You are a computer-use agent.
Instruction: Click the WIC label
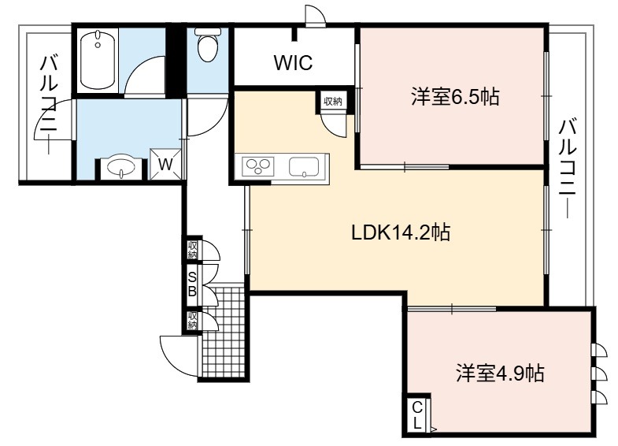coord(293,62)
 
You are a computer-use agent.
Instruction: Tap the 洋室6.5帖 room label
coord(455,97)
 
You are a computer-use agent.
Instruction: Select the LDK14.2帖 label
coord(401,232)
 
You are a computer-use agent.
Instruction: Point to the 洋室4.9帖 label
coord(501,373)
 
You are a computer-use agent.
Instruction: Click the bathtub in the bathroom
coord(98,61)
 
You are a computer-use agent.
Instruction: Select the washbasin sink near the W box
coord(121,169)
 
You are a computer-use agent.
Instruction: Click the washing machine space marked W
coord(165,164)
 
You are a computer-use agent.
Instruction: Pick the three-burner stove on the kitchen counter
coord(257,166)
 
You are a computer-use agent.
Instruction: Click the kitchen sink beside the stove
coord(303,166)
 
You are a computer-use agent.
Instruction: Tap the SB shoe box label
coord(192,284)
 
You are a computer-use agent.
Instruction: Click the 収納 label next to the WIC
coord(332,102)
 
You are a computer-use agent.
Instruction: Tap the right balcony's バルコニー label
coord(568,169)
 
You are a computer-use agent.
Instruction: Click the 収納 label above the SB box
coord(192,249)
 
